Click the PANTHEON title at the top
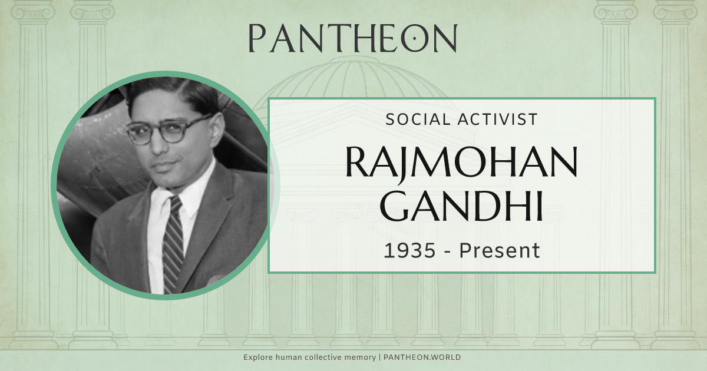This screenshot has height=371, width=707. tap(352, 38)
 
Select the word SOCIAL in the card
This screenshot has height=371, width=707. tap(417, 120)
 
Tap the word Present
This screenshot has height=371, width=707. tap(500, 250)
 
